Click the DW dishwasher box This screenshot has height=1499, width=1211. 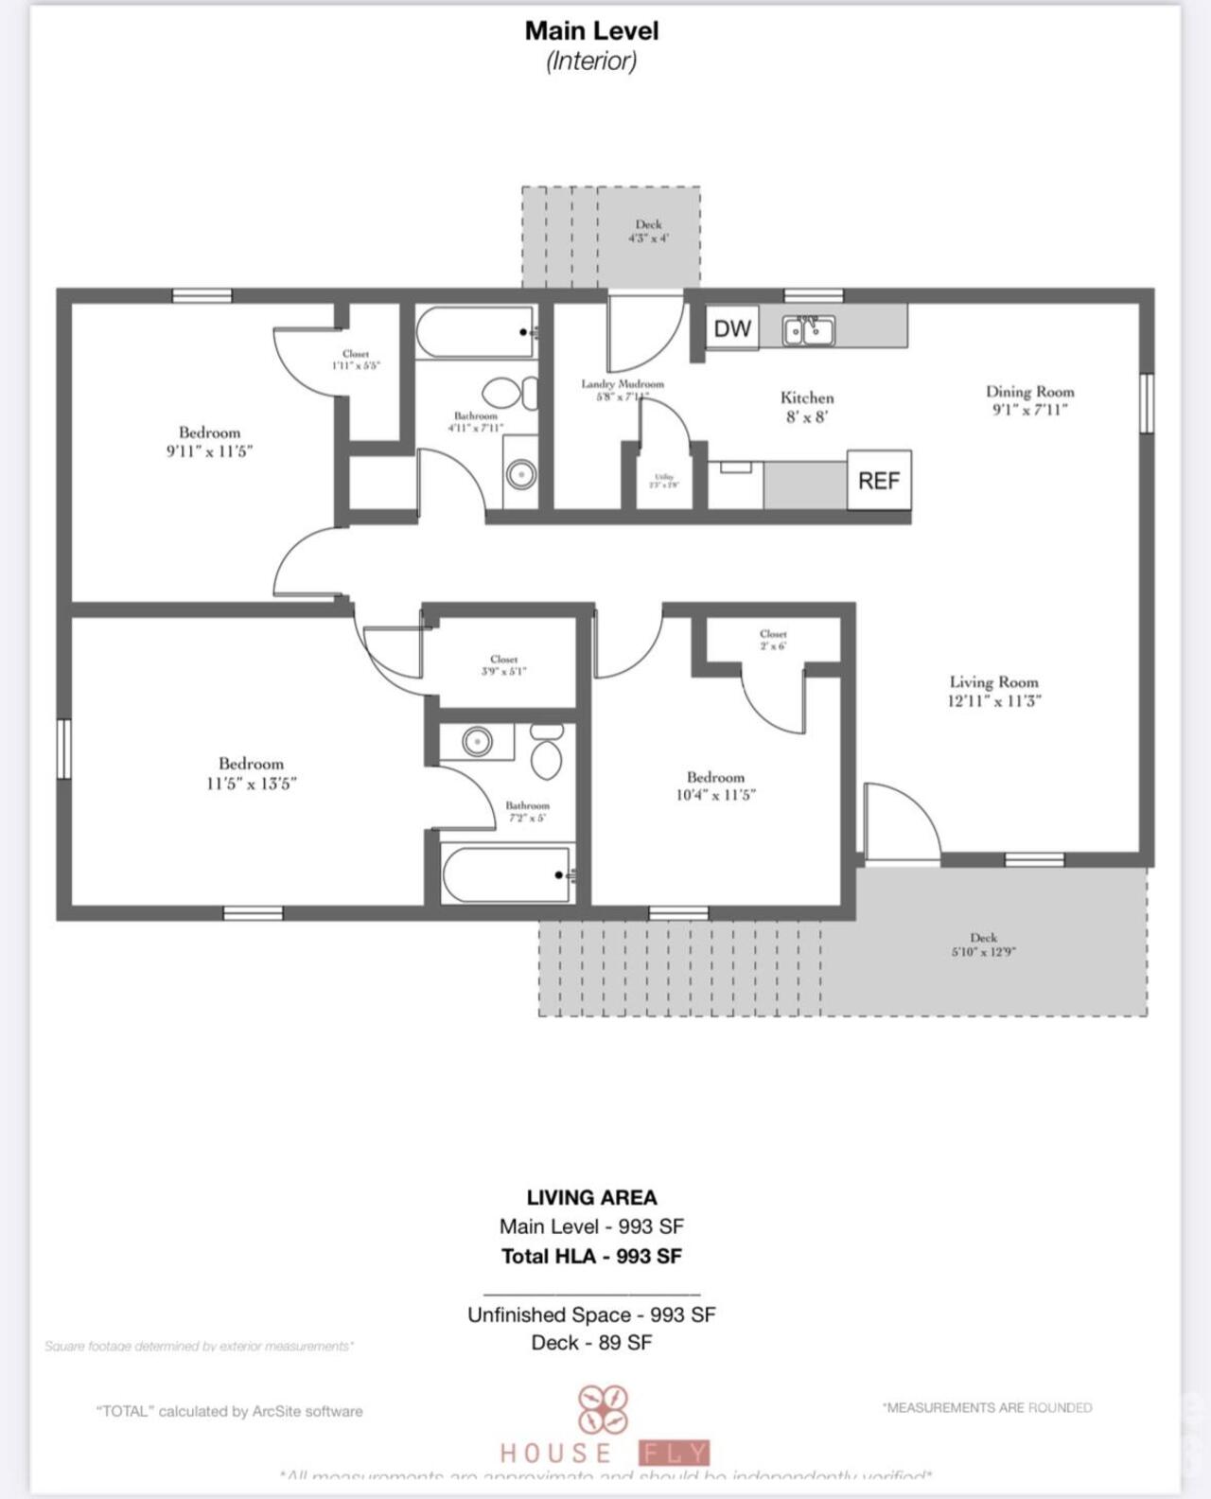pos(731,328)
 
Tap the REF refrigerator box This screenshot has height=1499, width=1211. pos(878,481)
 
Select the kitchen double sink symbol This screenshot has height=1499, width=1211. pos(808,330)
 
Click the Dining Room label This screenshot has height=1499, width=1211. pos(1029,399)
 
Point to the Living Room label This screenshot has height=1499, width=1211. pos(993,691)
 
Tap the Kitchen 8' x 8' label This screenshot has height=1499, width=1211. pos(807,407)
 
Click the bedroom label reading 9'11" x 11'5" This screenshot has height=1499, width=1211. pos(209,442)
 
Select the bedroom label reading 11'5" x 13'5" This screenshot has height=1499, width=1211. pos(251,773)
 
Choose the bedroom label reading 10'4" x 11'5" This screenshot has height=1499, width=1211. pos(715,785)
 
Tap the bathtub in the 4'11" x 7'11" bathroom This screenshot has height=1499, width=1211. pos(475,332)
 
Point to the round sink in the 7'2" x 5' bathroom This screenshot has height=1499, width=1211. pos(477,742)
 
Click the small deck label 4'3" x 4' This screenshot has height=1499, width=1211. pos(648,231)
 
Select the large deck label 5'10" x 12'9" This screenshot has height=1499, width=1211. pos(983,944)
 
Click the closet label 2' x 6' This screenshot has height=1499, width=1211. pos(773,640)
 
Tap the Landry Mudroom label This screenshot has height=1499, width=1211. pos(622,389)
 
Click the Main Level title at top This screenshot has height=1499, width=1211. pos(591,30)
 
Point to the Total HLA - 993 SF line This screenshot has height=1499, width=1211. pos(591,1256)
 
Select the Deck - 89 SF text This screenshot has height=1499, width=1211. pos(591,1342)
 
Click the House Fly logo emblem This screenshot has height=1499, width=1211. pos(604,1409)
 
